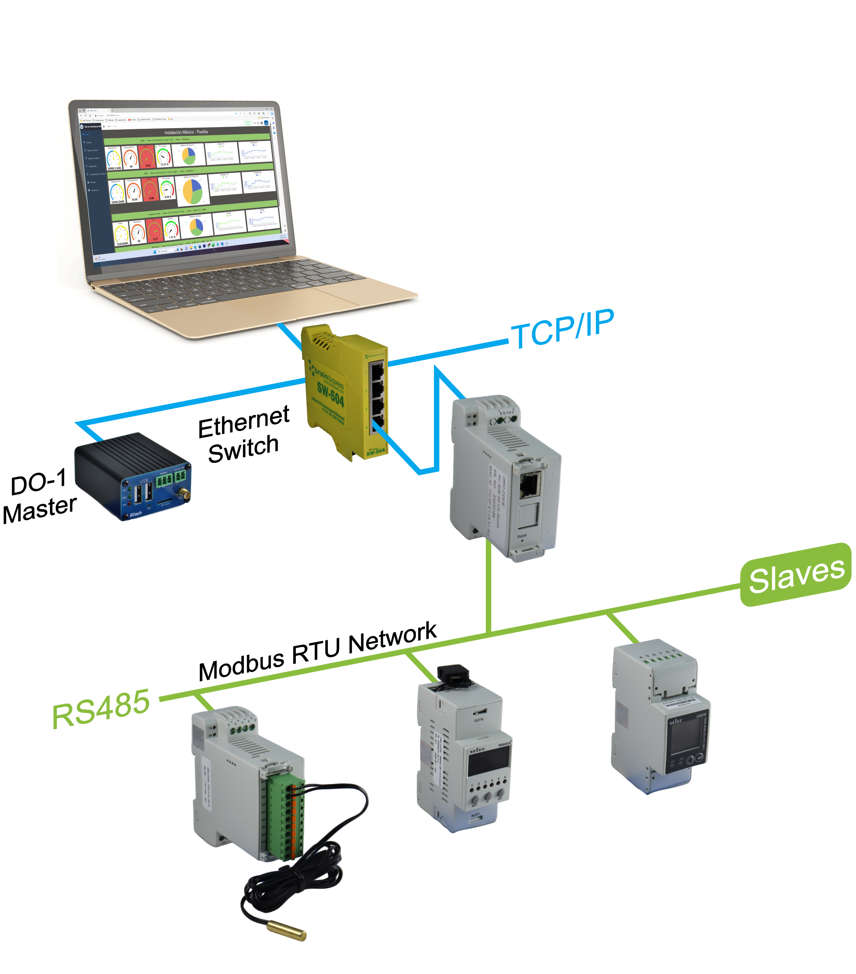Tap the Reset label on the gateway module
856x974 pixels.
[x=522, y=535]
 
